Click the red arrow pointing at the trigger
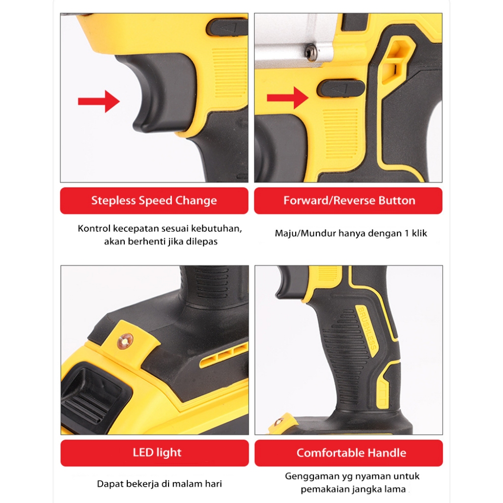coord(99,101)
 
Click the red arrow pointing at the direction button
coord(288,98)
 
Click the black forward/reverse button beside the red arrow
coord(341,88)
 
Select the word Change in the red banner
coord(196,201)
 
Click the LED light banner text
coord(157,452)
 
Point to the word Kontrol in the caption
coord(94,228)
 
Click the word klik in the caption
coord(419,233)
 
